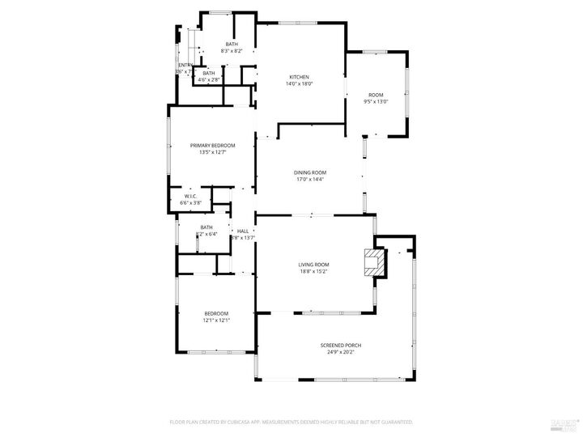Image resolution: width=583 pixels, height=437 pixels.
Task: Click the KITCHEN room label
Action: tap(299, 77)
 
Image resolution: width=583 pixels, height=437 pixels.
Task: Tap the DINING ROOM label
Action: tap(309, 172)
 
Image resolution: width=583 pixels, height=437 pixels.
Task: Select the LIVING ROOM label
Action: tap(313, 265)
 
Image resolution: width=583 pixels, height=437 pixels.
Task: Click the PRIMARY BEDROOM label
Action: tap(212, 145)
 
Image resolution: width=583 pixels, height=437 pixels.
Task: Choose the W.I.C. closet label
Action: tap(191, 196)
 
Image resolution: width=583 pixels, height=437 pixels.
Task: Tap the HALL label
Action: tap(243, 231)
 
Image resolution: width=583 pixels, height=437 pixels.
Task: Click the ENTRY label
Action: tap(185, 66)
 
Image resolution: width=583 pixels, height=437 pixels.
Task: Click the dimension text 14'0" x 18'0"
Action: tap(299, 83)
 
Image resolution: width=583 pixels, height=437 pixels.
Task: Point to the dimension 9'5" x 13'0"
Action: tap(375, 101)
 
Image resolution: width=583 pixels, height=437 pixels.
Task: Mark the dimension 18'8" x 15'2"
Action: tap(313, 271)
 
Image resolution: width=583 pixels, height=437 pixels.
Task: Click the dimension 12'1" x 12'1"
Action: tap(216, 320)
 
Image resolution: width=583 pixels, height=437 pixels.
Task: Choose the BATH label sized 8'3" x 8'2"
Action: tap(232, 44)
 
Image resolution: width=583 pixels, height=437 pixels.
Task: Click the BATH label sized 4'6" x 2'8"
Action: tap(209, 74)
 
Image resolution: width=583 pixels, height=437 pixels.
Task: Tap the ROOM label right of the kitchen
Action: tap(375, 95)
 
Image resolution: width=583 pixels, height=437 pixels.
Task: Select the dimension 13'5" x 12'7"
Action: tap(212, 151)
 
